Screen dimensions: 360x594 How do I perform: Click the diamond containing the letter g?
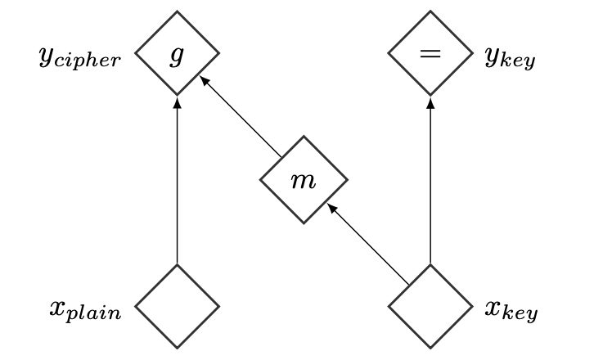pos(177,55)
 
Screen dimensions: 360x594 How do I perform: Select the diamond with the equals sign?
pos(430,55)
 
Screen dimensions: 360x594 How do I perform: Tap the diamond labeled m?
pos(304,180)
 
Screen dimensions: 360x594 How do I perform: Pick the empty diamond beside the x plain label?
pos(177,307)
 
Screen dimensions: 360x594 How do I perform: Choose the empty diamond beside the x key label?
pos(430,307)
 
